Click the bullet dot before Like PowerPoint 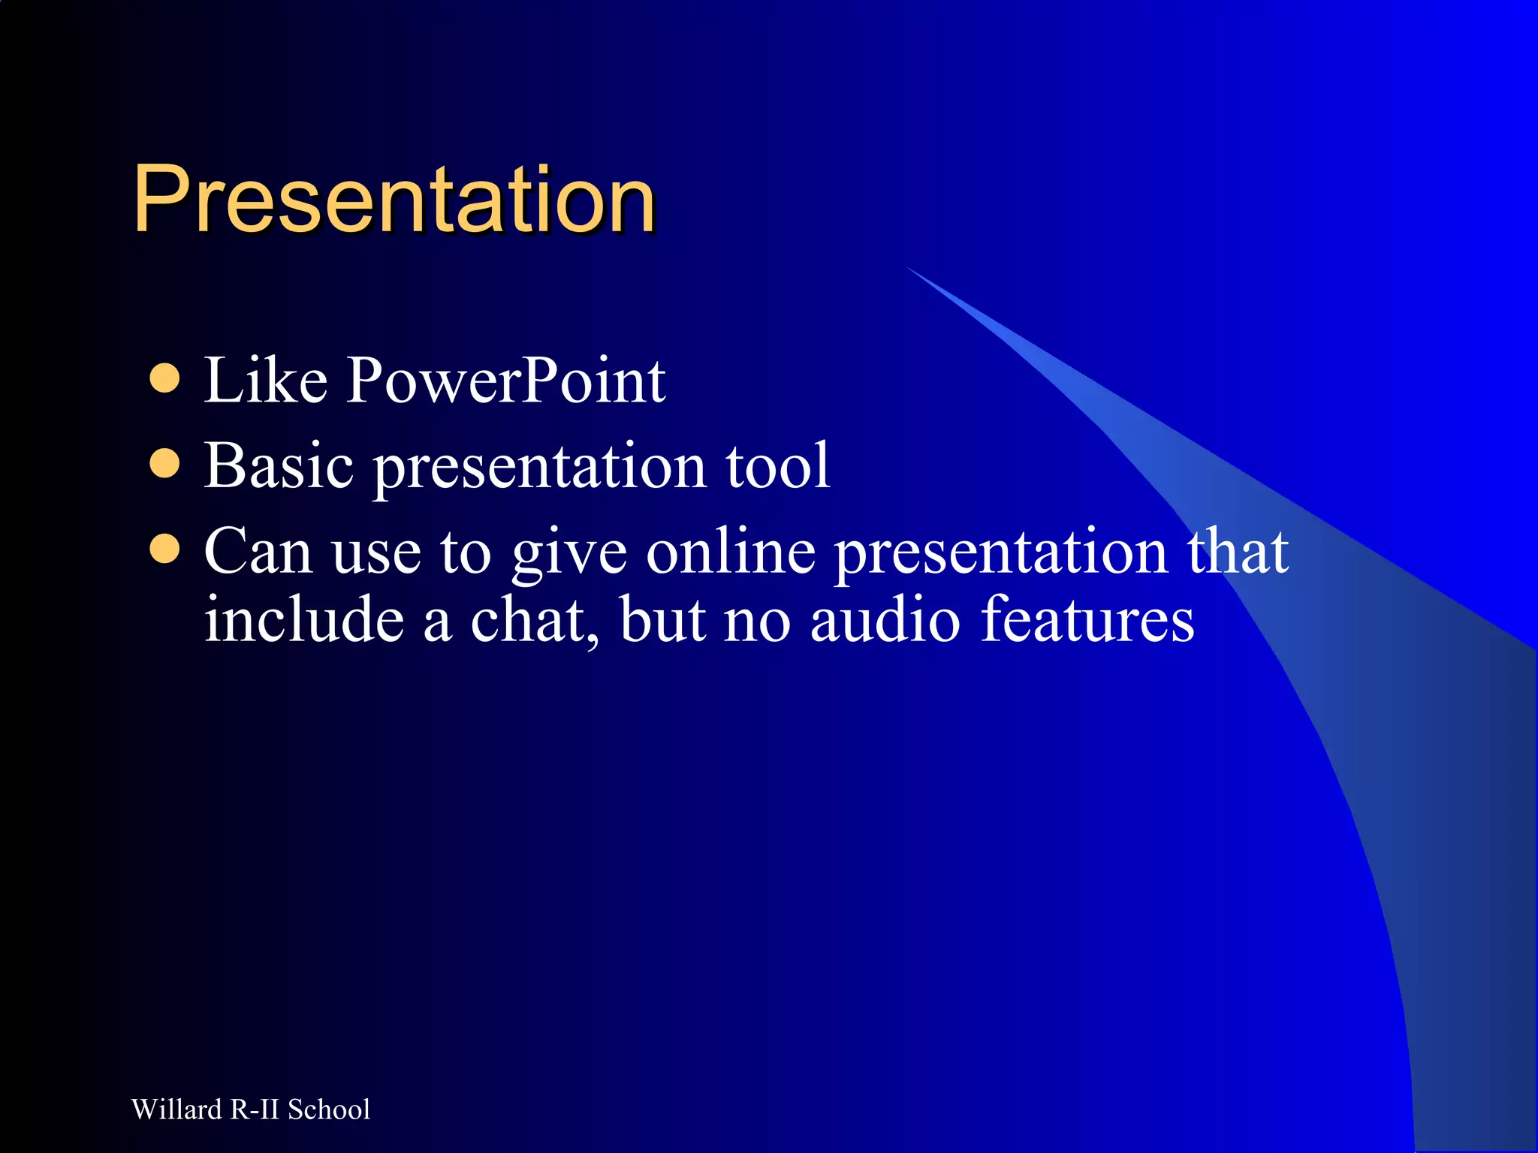point(164,379)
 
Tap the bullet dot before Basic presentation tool point(164,464)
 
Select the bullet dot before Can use point(164,549)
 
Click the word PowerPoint point(505,381)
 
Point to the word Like point(266,381)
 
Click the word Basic point(279,465)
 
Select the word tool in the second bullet point(777,465)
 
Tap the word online point(731,552)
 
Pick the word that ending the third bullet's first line point(1238,552)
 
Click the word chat point(535,621)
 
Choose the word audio point(885,621)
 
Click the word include point(304,621)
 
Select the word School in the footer point(329,1109)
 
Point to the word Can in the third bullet point(258,552)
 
